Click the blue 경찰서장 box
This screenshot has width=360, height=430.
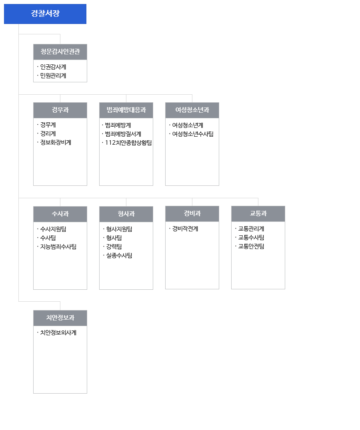tap(45, 14)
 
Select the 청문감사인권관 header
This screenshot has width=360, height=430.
tap(60, 52)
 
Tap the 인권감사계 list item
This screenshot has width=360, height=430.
tap(53, 67)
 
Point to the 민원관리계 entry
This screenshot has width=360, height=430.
tap(53, 76)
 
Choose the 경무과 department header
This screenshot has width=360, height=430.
tap(60, 110)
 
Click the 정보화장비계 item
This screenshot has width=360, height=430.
tap(56, 143)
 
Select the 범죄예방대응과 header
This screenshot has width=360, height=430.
tap(126, 110)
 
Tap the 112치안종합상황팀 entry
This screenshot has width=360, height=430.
tap(128, 143)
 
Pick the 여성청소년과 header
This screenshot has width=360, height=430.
tap(192, 110)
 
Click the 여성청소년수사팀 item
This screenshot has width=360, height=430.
tap(193, 134)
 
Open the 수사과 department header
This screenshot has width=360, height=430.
tap(60, 214)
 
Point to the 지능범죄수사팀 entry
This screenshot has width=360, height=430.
tap(58, 247)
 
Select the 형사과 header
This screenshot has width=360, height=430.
tap(126, 214)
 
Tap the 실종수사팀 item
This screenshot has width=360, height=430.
tap(119, 256)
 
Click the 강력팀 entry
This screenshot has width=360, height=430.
tap(114, 247)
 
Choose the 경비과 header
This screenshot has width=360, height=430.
tap(192, 214)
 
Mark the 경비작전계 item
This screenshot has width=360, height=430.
tap(185, 229)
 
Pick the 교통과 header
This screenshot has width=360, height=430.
tap(258, 214)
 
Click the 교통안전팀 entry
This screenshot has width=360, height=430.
tap(251, 247)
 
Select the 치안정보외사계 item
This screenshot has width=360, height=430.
tap(58, 333)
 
